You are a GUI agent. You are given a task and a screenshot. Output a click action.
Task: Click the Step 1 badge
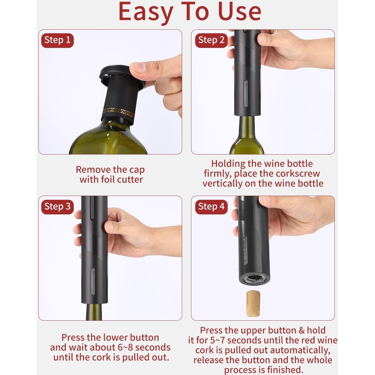pos(57,40)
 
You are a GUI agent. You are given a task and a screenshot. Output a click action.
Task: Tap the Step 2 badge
pos(211,40)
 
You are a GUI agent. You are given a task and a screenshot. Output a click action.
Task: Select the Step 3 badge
pos(57,207)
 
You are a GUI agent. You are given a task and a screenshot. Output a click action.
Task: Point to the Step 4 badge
pos(211,207)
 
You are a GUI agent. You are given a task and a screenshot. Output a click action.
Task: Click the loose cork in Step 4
pos(253,304)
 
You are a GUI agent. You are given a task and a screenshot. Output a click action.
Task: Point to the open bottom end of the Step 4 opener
pos(255,279)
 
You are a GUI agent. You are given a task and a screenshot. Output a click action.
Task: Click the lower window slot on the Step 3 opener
pos(92,281)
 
